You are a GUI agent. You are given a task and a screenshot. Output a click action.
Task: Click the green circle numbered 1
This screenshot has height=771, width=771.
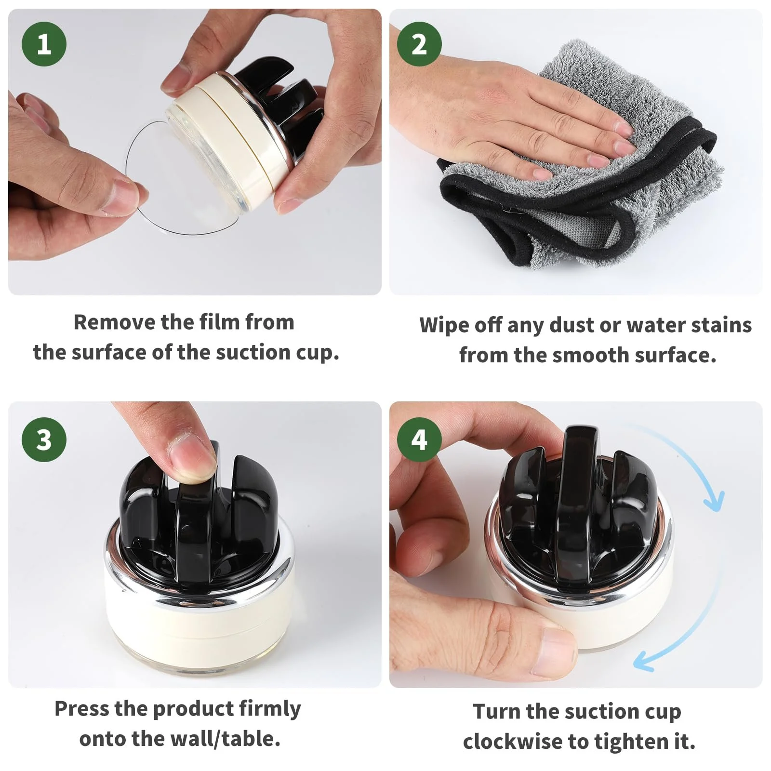(x=44, y=44)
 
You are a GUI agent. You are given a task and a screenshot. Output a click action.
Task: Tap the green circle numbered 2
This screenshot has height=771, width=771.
(x=419, y=44)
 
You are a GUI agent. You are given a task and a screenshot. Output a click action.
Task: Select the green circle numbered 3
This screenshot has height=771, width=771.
(x=44, y=439)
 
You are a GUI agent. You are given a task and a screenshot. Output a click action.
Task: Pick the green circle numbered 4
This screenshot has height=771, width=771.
(x=419, y=439)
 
